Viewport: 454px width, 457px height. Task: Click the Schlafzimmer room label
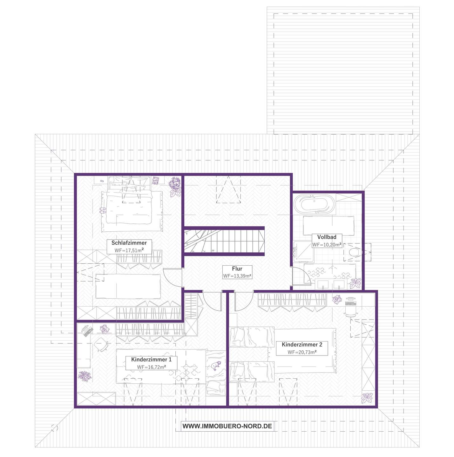(129, 242)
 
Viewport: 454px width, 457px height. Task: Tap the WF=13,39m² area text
(237, 276)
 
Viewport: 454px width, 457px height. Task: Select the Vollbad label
(327, 237)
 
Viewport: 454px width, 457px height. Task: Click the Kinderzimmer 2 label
(302, 344)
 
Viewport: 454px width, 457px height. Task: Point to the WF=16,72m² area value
(151, 367)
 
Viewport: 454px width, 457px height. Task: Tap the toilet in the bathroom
(356, 252)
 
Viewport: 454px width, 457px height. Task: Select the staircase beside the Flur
(224, 241)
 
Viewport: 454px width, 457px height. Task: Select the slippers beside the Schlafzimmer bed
(103, 210)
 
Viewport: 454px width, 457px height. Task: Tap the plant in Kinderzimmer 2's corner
(367, 398)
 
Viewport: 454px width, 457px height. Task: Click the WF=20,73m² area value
(302, 352)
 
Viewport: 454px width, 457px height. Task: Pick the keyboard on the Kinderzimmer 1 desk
(88, 331)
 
